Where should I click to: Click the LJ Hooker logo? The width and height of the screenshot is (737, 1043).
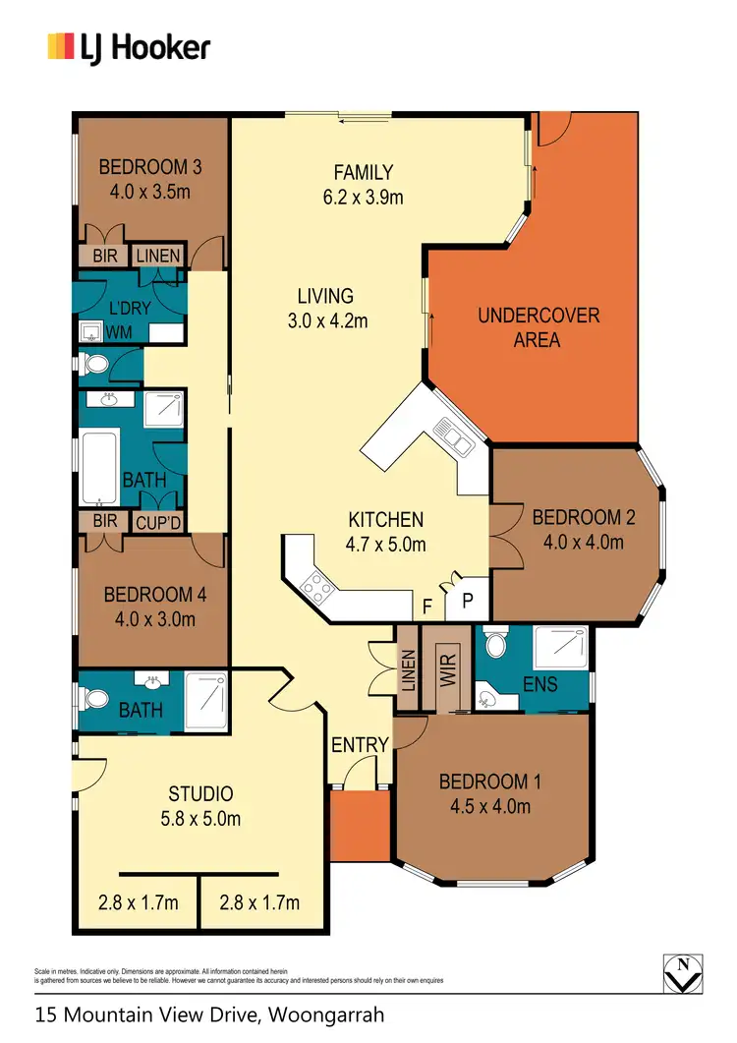(x=129, y=46)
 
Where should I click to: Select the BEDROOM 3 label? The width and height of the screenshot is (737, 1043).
(x=150, y=167)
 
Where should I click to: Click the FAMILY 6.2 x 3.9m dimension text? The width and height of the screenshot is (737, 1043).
(x=363, y=197)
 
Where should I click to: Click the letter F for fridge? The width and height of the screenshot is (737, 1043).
(x=426, y=607)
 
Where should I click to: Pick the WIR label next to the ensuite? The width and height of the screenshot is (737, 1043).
(x=449, y=667)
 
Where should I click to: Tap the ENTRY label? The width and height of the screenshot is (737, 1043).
(x=359, y=745)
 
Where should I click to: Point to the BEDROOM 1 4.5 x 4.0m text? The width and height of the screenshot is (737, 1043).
(x=490, y=794)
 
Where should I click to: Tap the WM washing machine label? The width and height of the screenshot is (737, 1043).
(x=119, y=332)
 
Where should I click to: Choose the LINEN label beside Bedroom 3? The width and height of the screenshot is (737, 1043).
(x=157, y=256)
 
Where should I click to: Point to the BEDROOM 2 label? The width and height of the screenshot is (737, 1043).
(x=577, y=529)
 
